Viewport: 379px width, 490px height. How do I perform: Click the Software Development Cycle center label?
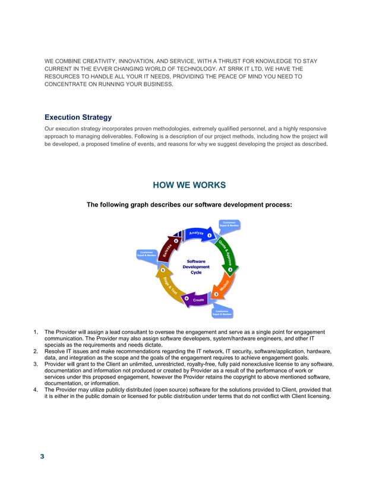(196, 266)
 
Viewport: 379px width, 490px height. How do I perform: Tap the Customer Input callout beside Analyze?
(229, 224)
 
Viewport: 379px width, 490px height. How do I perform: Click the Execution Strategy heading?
(78, 117)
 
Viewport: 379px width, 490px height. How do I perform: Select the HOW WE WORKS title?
(189, 185)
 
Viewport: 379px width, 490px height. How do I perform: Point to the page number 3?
(42, 456)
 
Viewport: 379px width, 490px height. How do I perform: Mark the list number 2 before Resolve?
(36, 352)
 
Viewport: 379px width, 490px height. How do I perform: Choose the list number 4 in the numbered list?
(36, 390)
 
